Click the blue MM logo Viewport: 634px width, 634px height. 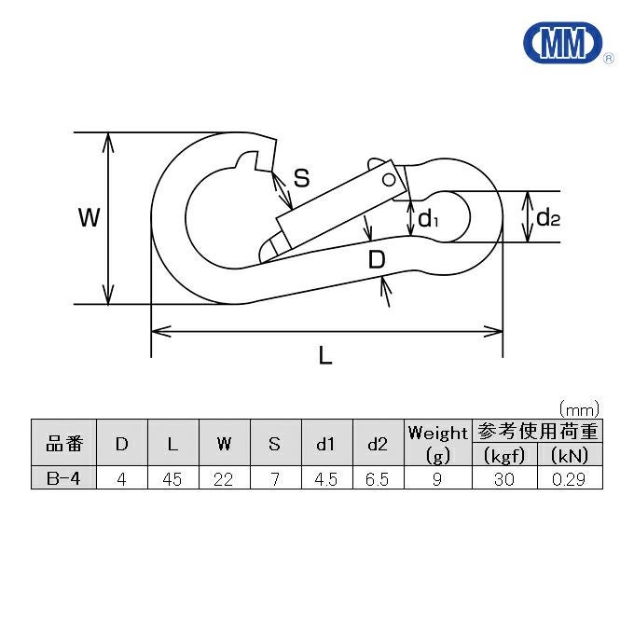point(563,43)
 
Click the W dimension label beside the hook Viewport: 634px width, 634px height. point(89,217)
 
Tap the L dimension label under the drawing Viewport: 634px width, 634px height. point(325,356)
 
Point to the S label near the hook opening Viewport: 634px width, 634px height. point(302,177)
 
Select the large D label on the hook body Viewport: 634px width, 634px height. point(377,259)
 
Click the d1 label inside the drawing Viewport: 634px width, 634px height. point(428,219)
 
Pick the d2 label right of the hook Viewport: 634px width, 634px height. point(548,217)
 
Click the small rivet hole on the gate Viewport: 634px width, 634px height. point(389,180)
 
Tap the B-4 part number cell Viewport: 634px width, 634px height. point(63,478)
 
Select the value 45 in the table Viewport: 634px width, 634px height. point(172,479)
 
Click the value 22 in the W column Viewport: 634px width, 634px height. point(223,479)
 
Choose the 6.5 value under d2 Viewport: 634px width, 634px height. point(377,479)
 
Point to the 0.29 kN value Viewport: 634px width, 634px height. point(569,479)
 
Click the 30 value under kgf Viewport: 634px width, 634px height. point(503,479)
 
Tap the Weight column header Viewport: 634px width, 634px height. point(437,443)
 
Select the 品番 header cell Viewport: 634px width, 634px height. point(64,444)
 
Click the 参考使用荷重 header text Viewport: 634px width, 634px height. point(537,431)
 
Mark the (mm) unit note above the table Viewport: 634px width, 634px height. point(579,410)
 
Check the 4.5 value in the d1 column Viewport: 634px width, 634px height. point(325,479)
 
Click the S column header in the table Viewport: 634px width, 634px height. point(274,444)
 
